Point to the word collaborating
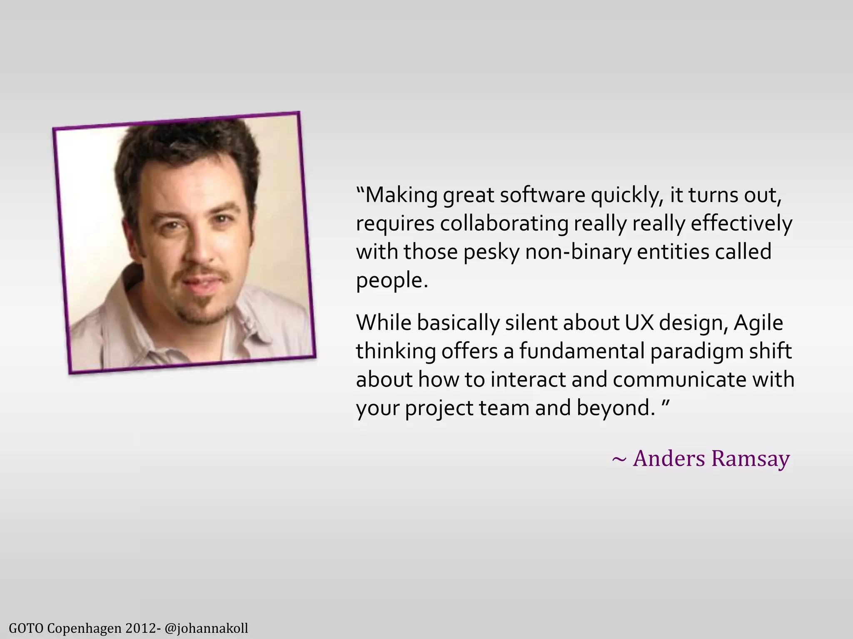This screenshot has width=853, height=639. point(504,224)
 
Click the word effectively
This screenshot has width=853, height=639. point(741,224)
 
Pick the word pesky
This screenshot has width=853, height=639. point(491,253)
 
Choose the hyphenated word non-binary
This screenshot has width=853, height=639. point(579,252)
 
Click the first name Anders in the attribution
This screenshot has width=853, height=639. point(669,458)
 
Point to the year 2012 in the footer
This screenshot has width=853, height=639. point(140,628)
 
